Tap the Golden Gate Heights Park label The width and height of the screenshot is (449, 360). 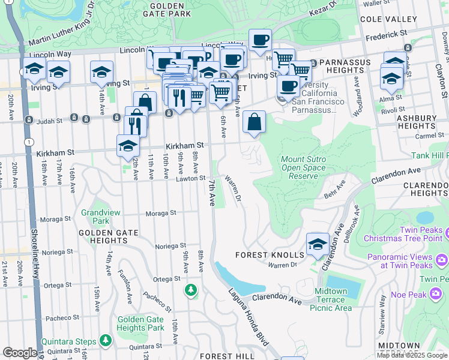tap(140, 323)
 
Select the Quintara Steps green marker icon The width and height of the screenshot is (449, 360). tap(106, 341)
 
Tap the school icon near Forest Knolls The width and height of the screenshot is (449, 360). tap(318, 245)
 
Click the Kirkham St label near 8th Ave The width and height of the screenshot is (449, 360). tap(185, 145)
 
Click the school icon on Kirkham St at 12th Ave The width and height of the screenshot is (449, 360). tap(128, 146)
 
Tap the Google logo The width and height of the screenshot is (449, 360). tap(20, 353)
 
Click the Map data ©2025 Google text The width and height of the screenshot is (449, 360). tap(412, 355)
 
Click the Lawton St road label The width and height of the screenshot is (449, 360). tap(191, 179)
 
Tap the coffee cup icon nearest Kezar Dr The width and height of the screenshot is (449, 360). tap(260, 41)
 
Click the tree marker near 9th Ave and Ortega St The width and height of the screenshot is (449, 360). tap(191, 290)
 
